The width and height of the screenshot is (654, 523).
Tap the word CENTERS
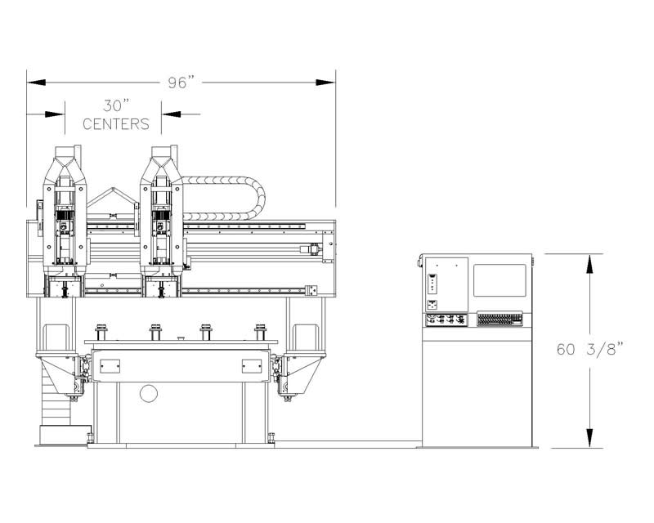point(116,124)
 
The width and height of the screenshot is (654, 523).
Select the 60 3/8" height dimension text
point(589,349)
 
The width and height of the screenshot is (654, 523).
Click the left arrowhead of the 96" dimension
point(36,83)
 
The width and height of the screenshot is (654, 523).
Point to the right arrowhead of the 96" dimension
point(325,83)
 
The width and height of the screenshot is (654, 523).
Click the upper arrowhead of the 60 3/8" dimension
point(589,264)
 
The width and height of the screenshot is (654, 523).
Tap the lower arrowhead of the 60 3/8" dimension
point(589,438)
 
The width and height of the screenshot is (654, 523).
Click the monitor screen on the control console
point(499,280)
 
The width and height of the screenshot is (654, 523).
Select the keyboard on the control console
point(499,319)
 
